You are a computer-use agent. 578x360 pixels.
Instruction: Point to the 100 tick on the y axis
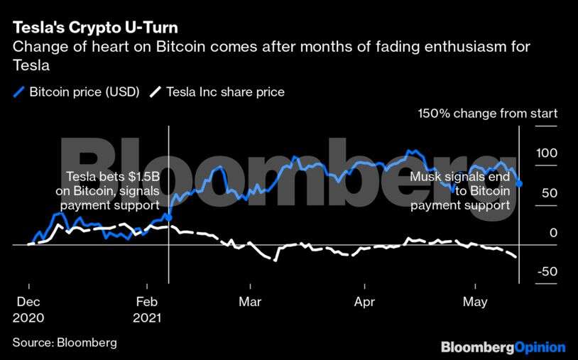(547, 153)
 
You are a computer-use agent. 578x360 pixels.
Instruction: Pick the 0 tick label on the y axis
(552, 233)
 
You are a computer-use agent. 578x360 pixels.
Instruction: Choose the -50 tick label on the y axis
(547, 273)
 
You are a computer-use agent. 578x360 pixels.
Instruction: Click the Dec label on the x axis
(28, 302)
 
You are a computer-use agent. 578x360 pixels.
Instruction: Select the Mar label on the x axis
(250, 302)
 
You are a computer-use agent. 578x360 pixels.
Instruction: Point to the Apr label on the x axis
(364, 302)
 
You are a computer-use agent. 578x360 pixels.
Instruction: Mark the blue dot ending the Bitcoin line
(519, 184)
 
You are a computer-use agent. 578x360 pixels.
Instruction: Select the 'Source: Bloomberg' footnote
(65, 343)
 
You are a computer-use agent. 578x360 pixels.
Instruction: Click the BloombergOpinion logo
(503, 347)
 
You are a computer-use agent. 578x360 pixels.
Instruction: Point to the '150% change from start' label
(488, 113)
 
